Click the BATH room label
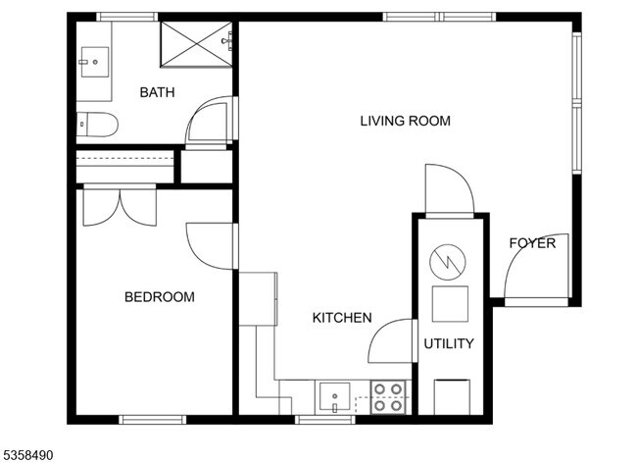pyautogui.click(x=157, y=92)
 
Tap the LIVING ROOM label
pyautogui.click(x=406, y=121)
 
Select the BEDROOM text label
pyautogui.click(x=159, y=297)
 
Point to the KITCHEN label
pyautogui.click(x=342, y=318)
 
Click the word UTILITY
pyautogui.click(x=449, y=344)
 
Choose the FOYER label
pyautogui.click(x=532, y=243)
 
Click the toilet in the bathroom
pyautogui.click(x=97, y=125)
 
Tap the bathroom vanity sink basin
pyautogui.click(x=95, y=62)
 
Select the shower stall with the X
pyautogui.click(x=196, y=44)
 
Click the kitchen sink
pyautogui.click(x=334, y=396)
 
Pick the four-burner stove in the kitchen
pyautogui.click(x=388, y=397)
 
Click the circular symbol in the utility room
pyautogui.click(x=448, y=262)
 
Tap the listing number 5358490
pyautogui.click(x=26, y=455)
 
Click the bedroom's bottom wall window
pyautogui.click(x=152, y=420)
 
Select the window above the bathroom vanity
pyautogui.click(x=126, y=17)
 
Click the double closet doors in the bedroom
pyautogui.click(x=120, y=205)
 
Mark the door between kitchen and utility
pyautogui.click(x=392, y=340)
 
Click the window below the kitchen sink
pyautogui.click(x=325, y=420)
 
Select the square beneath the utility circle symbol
pyautogui.click(x=450, y=304)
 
